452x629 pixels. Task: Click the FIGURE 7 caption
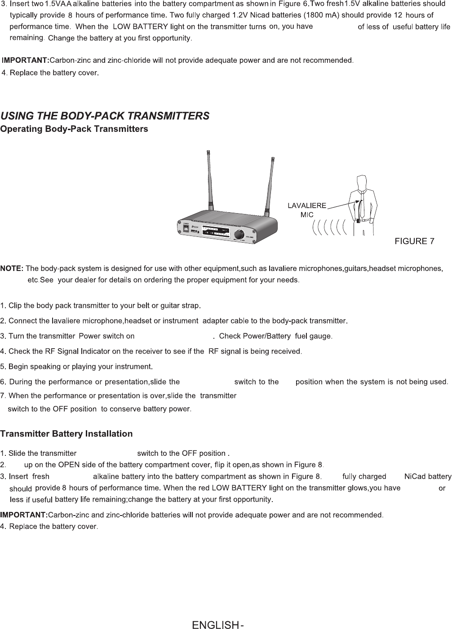point(414,241)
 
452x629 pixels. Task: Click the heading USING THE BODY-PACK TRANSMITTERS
point(105,116)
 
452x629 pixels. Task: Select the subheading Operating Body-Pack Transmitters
point(74,129)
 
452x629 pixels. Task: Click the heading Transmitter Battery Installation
point(66,434)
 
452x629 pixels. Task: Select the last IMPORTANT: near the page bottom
point(24,514)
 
